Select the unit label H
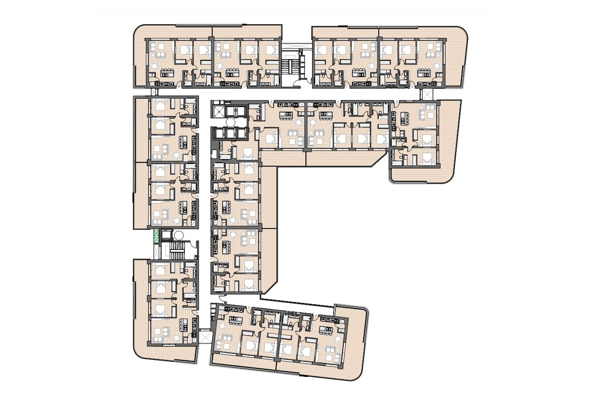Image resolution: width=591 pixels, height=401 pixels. [x=412, y=88]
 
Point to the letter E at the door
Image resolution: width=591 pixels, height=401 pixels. [x=272, y=102]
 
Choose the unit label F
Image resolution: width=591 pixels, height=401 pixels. [x=343, y=102]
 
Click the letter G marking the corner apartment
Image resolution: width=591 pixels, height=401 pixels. [x=391, y=102]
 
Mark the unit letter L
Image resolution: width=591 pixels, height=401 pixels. [x=197, y=130]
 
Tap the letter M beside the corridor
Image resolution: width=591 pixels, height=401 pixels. [x=197, y=196]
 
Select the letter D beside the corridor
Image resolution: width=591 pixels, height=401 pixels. [x=212, y=196]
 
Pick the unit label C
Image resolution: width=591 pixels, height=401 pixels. [x=212, y=259]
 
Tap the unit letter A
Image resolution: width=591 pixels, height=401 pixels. [x=317, y=315]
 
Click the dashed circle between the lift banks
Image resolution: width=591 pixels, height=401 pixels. [x=231, y=122]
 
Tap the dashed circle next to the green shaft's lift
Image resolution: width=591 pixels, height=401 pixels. [x=179, y=235]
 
